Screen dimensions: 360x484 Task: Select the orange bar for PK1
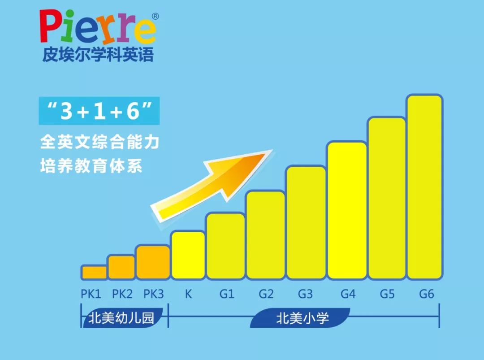(x=94, y=272)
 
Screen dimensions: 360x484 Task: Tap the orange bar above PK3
(x=153, y=262)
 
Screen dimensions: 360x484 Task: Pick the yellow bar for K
(x=188, y=255)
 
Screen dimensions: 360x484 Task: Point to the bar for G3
(x=306, y=222)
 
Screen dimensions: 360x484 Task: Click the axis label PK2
(x=122, y=294)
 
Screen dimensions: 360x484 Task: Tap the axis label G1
(x=227, y=294)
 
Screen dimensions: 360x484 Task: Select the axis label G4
(x=348, y=294)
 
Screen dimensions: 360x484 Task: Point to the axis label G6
(x=427, y=294)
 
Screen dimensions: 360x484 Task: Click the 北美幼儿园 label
(x=121, y=318)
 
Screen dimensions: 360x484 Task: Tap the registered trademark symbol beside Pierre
(x=155, y=17)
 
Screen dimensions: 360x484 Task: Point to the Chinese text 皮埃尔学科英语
(x=98, y=55)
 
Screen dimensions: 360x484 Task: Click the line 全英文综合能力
(x=99, y=143)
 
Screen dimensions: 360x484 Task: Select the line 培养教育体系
(x=91, y=166)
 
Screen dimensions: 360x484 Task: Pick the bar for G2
(x=265, y=234)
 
